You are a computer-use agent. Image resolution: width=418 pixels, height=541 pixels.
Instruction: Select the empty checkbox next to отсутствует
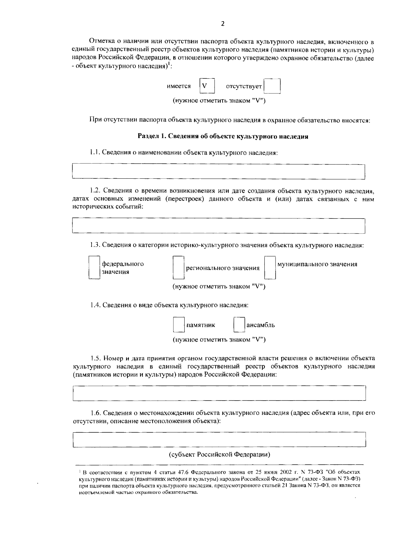coord(272,86)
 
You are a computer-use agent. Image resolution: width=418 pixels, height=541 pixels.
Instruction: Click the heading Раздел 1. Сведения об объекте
coord(223,137)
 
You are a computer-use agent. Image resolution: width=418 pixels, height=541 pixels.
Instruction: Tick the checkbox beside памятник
coord(179,325)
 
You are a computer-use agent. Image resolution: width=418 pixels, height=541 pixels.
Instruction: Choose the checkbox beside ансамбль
coord(239,325)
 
